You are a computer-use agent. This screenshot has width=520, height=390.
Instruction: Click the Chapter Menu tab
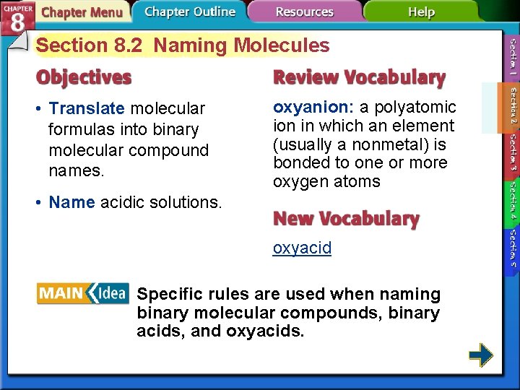pos(82,12)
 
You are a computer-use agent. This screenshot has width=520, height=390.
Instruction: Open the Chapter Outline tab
pos(189,12)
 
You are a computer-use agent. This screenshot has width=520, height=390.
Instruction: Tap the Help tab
pos(421,12)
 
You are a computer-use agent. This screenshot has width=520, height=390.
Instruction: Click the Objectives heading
pos(85,77)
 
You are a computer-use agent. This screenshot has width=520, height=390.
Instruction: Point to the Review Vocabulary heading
pos(359,77)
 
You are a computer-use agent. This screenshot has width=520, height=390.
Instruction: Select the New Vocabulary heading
pos(346,219)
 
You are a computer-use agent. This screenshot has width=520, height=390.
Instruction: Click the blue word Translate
pos(87,108)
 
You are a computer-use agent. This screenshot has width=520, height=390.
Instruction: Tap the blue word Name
pos(71,202)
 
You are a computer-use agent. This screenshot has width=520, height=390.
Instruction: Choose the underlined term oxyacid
pos(302,248)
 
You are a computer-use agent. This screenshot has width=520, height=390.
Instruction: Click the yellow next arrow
pos(480,355)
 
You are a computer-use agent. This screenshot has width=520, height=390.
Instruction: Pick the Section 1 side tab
pos(511,57)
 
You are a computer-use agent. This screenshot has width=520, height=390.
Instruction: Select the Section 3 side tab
pos(511,152)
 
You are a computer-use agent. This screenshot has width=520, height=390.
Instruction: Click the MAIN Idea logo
pos(82,293)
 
